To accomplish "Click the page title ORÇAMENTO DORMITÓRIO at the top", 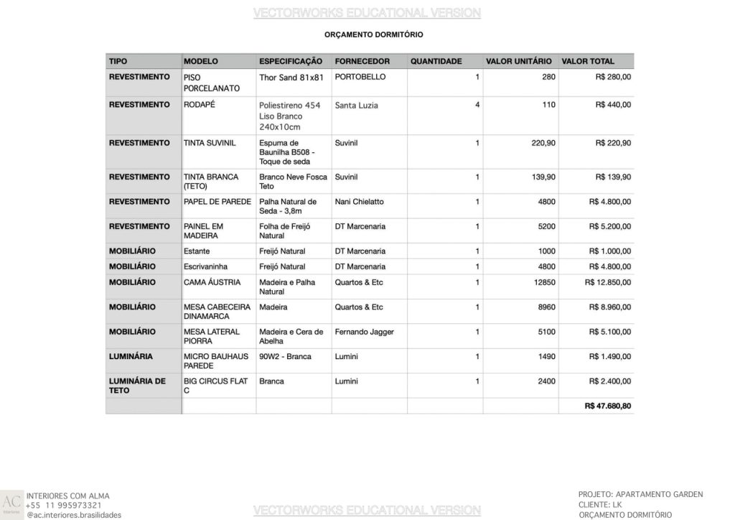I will [373, 34].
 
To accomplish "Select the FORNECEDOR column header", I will [362, 61].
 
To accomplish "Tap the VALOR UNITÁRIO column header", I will [518, 61].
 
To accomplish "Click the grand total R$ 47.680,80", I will [608, 406].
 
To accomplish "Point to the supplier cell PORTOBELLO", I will [360, 77].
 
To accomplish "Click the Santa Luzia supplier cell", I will [356, 105].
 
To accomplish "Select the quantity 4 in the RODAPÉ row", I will [477, 105].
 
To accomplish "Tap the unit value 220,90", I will [543, 143].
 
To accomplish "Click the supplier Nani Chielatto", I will [359, 202].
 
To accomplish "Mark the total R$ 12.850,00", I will [608, 282].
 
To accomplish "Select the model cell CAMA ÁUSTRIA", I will [212, 282].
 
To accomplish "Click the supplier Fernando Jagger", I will [364, 332].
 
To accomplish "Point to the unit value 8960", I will [546, 307].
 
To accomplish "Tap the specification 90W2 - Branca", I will [285, 356].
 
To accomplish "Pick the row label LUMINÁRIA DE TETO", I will [137, 386].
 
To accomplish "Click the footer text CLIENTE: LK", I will [601, 505].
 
